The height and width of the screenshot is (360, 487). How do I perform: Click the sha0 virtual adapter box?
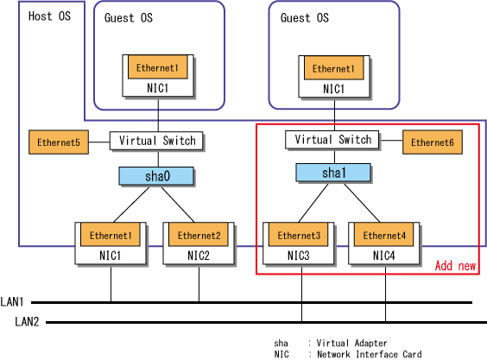(156, 176)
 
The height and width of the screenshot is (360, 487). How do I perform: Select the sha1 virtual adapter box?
(333, 173)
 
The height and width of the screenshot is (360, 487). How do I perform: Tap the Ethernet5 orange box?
(59, 142)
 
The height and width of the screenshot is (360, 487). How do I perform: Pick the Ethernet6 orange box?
(433, 142)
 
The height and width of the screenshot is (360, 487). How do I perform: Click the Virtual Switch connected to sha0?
(156, 141)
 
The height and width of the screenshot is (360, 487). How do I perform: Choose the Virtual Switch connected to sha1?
(332, 140)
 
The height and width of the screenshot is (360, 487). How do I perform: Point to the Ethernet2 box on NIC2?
(199, 235)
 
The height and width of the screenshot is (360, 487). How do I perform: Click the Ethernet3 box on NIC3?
(299, 235)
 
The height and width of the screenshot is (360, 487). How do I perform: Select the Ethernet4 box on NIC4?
(384, 235)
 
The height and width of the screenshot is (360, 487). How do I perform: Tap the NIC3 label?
(298, 256)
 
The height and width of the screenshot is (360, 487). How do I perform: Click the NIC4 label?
(383, 256)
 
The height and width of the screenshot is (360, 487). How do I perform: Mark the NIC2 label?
(198, 256)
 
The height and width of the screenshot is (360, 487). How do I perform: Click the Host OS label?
(49, 16)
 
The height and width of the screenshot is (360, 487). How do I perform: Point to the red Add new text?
(455, 266)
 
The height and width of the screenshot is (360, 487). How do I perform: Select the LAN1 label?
(12, 301)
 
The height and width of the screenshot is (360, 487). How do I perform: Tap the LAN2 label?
(27, 321)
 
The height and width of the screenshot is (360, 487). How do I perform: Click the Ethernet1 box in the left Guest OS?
(158, 67)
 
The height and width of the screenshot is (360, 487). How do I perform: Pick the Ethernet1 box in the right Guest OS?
(334, 68)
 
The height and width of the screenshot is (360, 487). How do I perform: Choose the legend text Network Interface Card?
(370, 354)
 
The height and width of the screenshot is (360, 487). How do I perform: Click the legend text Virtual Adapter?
(351, 343)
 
